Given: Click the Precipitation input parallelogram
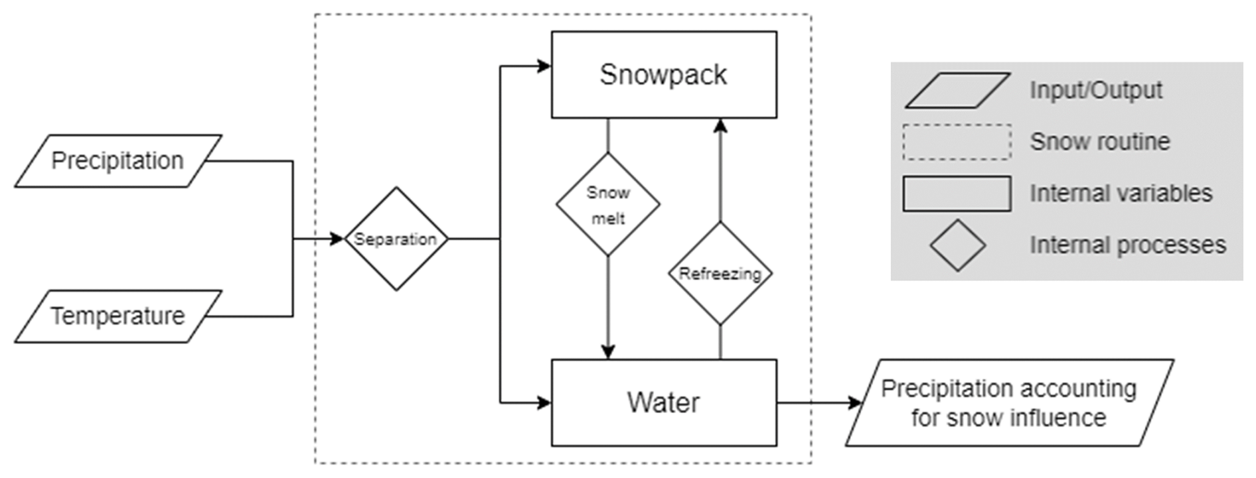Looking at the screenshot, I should [118, 161].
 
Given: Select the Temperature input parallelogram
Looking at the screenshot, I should [118, 316].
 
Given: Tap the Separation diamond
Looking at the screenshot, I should [396, 239].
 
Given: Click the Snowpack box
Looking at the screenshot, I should [664, 75].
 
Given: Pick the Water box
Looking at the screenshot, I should [664, 402].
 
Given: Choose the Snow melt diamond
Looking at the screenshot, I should [608, 204].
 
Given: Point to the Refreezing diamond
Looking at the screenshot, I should [720, 273].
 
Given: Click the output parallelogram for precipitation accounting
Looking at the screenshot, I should [1009, 402].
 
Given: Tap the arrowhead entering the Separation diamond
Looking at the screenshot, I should [337, 239].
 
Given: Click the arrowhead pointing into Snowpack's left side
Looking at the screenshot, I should [544, 66].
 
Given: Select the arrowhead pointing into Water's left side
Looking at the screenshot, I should [544, 402].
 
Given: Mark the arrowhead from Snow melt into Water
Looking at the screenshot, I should [608, 352].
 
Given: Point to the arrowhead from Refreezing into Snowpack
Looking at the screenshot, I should [720, 126].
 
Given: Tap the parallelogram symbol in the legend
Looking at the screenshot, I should [957, 90].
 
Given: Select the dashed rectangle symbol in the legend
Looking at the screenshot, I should [957, 142].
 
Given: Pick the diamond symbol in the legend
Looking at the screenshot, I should [957, 245].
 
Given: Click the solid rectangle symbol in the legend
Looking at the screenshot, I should [957, 194].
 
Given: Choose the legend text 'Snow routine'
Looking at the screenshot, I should [1100, 142].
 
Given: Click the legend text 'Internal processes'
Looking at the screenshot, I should [1128, 245].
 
